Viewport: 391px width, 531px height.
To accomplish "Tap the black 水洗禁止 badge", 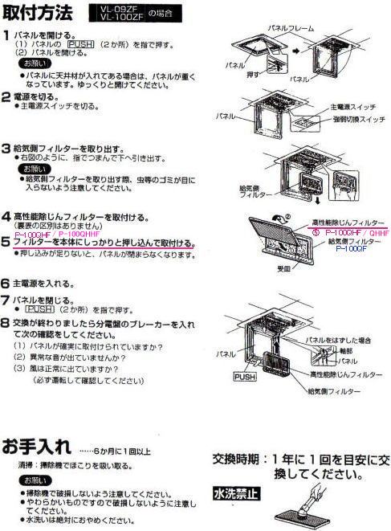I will point(234,492).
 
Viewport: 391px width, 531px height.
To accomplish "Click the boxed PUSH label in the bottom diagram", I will point(243,375).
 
